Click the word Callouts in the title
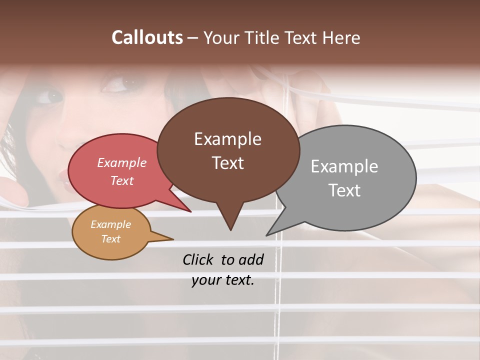[x=147, y=38]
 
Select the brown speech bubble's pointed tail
[x=230, y=217]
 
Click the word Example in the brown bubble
[x=227, y=139]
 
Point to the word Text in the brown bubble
[x=227, y=163]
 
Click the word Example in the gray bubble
[x=344, y=166]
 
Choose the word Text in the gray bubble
[x=344, y=190]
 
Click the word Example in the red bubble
[x=121, y=163]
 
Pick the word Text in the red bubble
[x=121, y=180]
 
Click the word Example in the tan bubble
[x=110, y=225]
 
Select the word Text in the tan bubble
[x=110, y=239]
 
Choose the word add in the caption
[x=250, y=259]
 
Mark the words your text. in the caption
[x=222, y=280]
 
